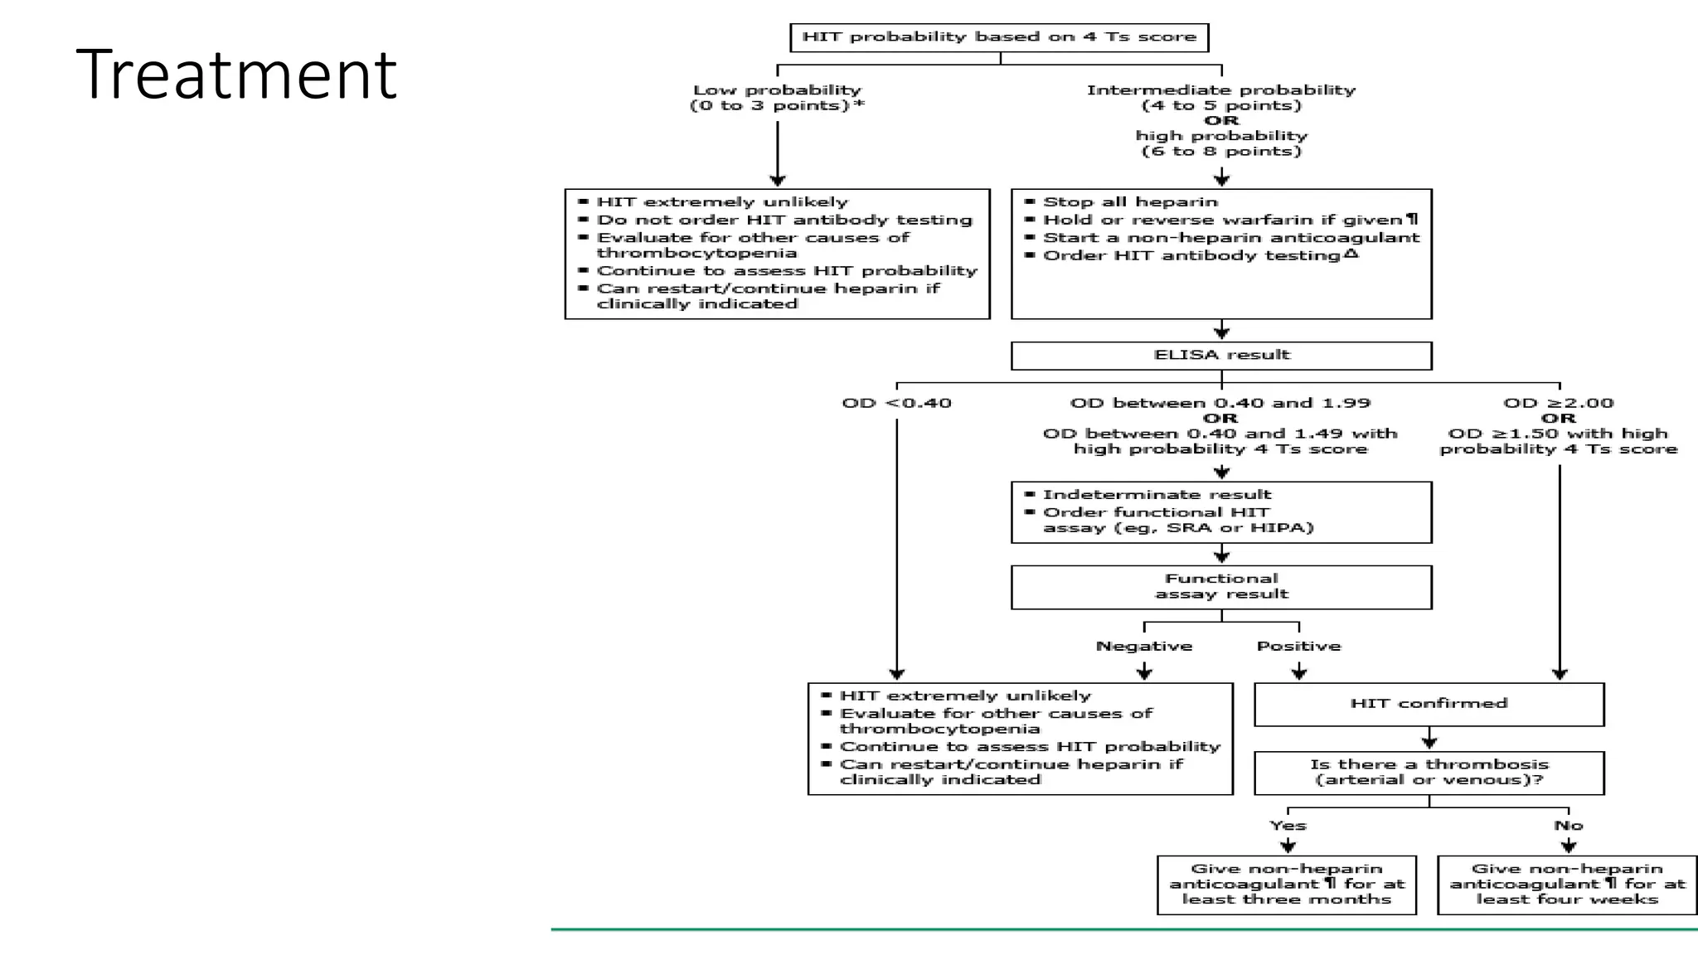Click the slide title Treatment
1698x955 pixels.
click(236, 75)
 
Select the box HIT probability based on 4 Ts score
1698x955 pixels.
click(999, 37)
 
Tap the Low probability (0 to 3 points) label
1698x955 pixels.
click(776, 98)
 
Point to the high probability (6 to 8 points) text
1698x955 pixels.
click(1221, 143)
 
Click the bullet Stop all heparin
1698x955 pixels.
click(1129, 202)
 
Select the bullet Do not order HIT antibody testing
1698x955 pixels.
click(784, 220)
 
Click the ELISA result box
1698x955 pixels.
click(1221, 355)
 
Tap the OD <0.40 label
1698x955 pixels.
click(896, 404)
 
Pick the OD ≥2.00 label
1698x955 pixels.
click(1559, 404)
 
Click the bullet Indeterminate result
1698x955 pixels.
click(1156, 495)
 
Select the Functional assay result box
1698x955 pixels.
click(1221, 587)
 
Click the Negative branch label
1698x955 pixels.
click(1143, 646)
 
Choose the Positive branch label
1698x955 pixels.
click(1298, 646)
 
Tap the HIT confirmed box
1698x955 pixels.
click(1429, 704)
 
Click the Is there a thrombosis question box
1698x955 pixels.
click(1429, 773)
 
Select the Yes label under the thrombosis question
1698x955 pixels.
click(1288, 826)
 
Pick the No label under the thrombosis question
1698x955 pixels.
click(1568, 826)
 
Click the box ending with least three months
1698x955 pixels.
click(1287, 885)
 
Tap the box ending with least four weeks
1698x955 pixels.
click(1567, 885)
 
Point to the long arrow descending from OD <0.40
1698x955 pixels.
click(896, 547)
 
